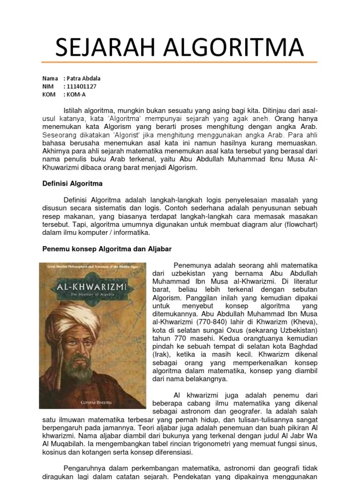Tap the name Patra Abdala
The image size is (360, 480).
point(84,78)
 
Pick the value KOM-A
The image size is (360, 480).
point(76,94)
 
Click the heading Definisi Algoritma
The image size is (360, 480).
point(73,183)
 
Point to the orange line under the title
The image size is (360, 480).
point(180,62)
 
